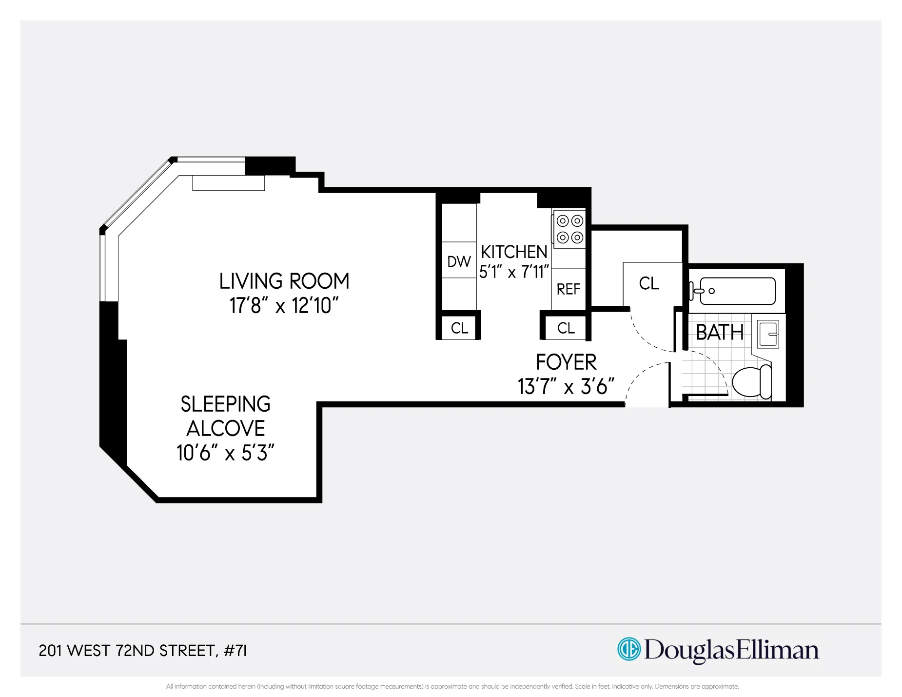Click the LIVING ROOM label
tap(284, 281)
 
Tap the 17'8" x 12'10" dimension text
tap(284, 306)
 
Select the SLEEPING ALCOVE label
tap(225, 416)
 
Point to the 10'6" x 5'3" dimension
tap(225, 453)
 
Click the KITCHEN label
tap(514, 252)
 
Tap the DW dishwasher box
tap(459, 261)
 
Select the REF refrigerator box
tap(568, 289)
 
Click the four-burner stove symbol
tap(569, 229)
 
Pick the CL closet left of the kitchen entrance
tap(459, 328)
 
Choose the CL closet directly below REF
tap(566, 328)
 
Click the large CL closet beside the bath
tap(649, 283)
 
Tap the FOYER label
tap(566, 362)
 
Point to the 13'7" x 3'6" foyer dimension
tap(566, 387)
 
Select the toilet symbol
tap(751, 382)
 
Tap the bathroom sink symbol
tap(768, 334)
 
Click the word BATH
tap(719, 333)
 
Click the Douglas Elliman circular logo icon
tap(628, 649)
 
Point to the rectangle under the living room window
tap(228, 183)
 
